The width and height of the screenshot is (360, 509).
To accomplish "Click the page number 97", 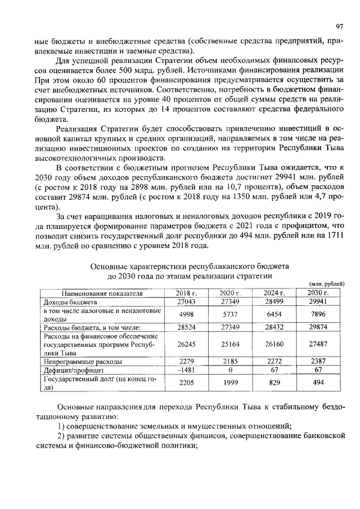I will pyautogui.click(x=340, y=26).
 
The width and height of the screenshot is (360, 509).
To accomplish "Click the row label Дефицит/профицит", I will pyautogui.click(x=70, y=371).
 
